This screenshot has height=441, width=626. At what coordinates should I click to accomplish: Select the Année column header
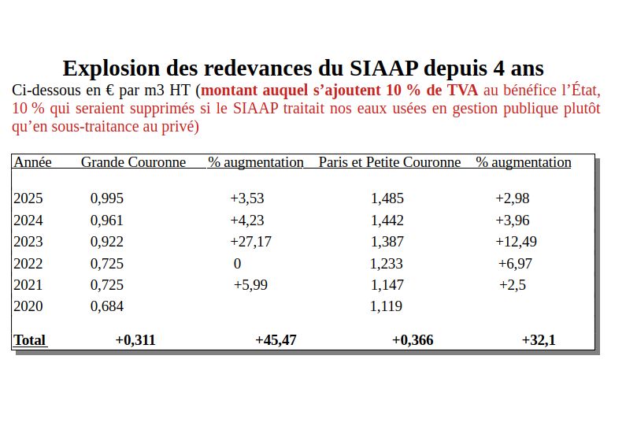pyautogui.click(x=32, y=162)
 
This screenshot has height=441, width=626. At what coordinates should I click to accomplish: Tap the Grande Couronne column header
pyautogui.click(x=133, y=162)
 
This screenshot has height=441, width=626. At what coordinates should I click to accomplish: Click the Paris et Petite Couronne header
pyautogui.click(x=390, y=162)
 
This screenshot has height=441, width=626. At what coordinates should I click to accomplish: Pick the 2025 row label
pyautogui.click(x=28, y=198)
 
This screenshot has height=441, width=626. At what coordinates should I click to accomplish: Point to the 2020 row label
pyautogui.click(x=28, y=306)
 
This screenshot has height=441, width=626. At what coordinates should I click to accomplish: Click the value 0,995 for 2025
pyautogui.click(x=107, y=198)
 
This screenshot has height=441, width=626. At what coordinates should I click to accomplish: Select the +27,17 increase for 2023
pyautogui.click(x=250, y=242)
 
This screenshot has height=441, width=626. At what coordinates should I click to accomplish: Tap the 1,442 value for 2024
pyautogui.click(x=387, y=220)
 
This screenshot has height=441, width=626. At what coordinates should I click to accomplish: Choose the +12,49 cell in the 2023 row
pyautogui.click(x=516, y=242)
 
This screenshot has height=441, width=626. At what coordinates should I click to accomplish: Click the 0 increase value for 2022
pyautogui.click(x=237, y=264)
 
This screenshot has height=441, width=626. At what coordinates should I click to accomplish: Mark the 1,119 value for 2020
pyautogui.click(x=386, y=306)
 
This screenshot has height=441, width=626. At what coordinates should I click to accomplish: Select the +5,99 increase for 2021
pyautogui.click(x=250, y=285)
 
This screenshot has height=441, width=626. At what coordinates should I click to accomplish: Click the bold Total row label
pyautogui.click(x=30, y=340)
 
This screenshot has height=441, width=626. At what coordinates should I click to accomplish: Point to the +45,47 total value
pyautogui.click(x=276, y=340)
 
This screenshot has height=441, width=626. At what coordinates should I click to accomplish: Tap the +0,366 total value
pyautogui.click(x=412, y=340)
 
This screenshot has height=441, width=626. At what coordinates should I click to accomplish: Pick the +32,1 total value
pyautogui.click(x=539, y=340)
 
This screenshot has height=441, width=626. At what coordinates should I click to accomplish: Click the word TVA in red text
pyautogui.click(x=462, y=90)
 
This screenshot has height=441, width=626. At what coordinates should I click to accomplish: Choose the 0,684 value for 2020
pyautogui.click(x=107, y=306)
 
